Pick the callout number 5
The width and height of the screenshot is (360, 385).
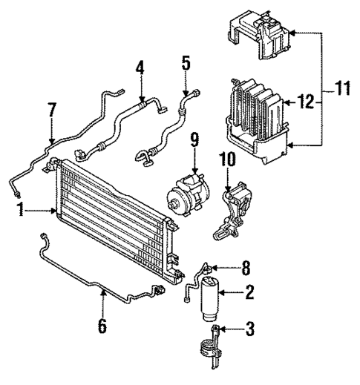point(186,62)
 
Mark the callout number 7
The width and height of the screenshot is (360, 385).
point(50,111)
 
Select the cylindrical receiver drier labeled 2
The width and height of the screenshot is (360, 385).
point(210,298)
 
